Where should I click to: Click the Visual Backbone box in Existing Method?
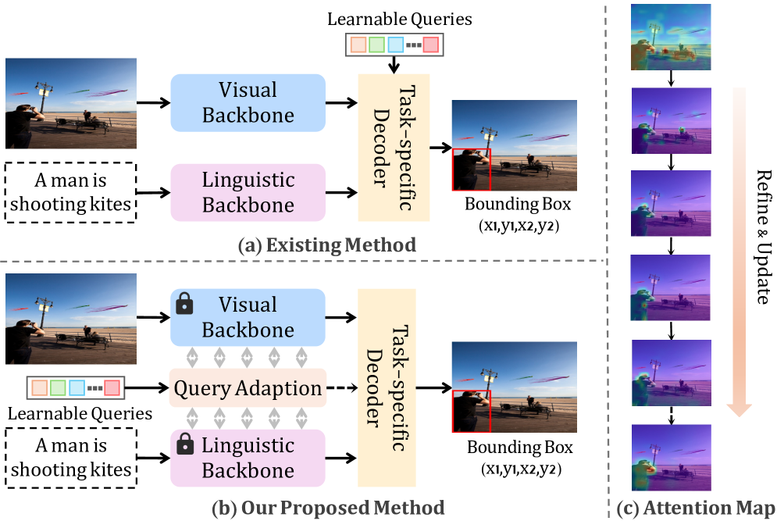click(x=248, y=102)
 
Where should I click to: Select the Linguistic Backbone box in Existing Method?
click(x=248, y=192)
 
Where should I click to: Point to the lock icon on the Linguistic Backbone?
click(x=185, y=447)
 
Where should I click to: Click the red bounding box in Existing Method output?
click(x=471, y=170)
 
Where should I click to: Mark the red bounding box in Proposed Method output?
click(x=471, y=410)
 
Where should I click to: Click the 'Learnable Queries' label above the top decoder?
click(x=394, y=19)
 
